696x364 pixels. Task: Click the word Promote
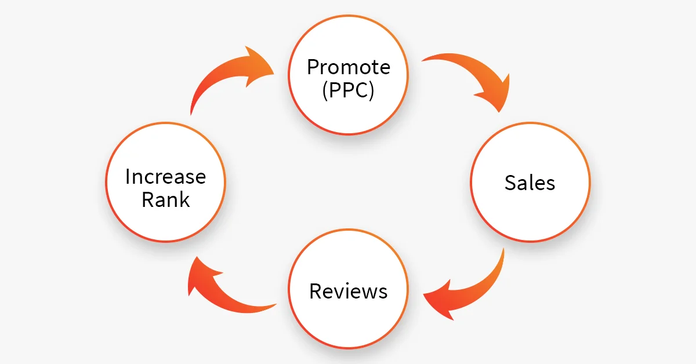349,67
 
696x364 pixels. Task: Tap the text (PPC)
349,90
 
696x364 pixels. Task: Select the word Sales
530,183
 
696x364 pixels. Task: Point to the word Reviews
349,291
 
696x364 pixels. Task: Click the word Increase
166,176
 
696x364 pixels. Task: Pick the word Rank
166,199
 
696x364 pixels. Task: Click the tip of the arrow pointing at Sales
499,112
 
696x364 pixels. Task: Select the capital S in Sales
510,183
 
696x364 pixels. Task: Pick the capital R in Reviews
316,291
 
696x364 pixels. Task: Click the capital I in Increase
127,177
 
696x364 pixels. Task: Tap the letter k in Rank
185,199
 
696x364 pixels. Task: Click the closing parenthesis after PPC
372,90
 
